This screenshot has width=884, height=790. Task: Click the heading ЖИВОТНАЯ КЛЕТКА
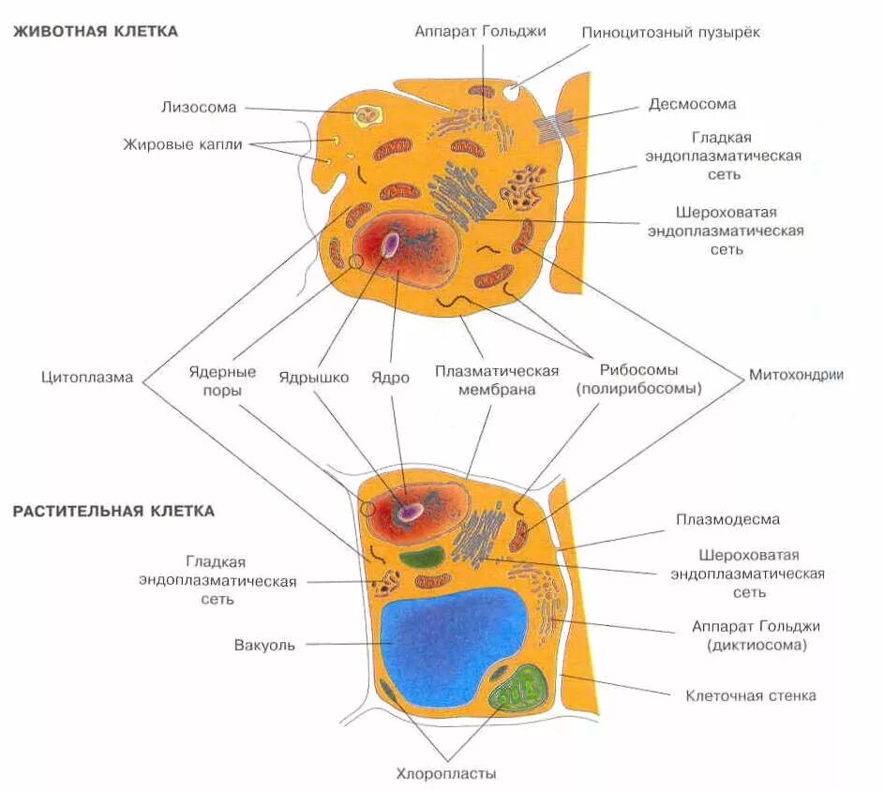coord(95,31)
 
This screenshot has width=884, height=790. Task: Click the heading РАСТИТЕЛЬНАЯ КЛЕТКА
coord(113,511)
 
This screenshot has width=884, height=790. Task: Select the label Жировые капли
coord(183,144)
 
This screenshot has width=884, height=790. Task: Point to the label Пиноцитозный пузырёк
coord(670,32)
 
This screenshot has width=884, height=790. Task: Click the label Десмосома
coord(692,104)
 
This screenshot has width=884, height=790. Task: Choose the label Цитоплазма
coord(87,378)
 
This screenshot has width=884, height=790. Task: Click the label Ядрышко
coord(313,378)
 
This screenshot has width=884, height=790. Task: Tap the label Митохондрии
coord(796,375)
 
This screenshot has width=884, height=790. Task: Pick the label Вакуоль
coord(265,645)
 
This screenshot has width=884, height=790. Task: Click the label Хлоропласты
coord(445,774)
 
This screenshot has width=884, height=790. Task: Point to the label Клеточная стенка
coord(751,695)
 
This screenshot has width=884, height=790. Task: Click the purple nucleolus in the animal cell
coord(389,244)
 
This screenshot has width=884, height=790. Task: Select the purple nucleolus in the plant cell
coord(410,512)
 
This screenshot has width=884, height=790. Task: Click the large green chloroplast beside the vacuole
coord(520,691)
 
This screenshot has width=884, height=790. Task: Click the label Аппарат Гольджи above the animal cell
coord(480,31)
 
